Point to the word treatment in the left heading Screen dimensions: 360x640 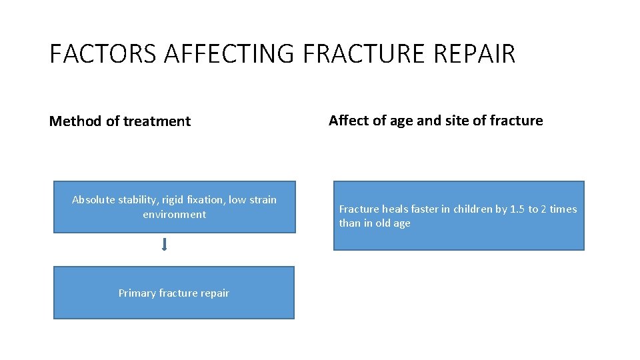click(x=159, y=121)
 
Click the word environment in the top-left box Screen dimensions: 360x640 click(x=174, y=215)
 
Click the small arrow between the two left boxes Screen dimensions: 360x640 click(x=164, y=245)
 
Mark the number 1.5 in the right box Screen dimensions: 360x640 click(x=517, y=209)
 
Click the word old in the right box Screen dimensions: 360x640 click(x=383, y=223)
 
